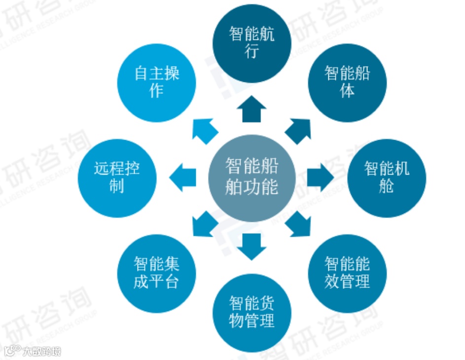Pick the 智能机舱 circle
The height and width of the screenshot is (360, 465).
387,178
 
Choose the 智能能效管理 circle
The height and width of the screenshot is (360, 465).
347,273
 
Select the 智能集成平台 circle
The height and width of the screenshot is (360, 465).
156,273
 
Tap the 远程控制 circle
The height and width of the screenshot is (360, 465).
117,178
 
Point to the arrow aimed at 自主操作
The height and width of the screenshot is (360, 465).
204,130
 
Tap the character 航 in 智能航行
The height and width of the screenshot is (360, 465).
266,35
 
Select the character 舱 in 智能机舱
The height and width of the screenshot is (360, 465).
387,186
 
